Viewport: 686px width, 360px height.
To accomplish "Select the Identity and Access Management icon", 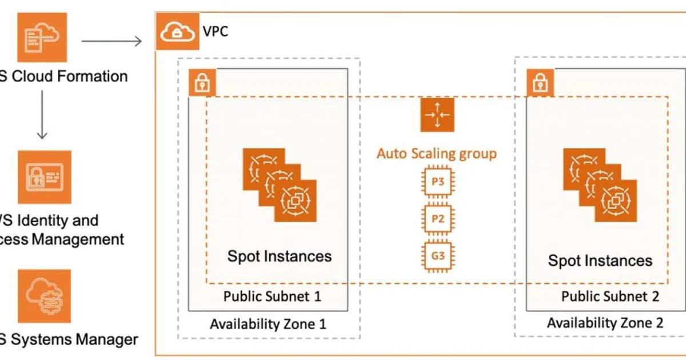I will click(x=45, y=177).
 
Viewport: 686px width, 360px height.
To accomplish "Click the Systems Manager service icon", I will click(x=45, y=296).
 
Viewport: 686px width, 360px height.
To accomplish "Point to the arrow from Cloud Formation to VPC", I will click(x=111, y=41).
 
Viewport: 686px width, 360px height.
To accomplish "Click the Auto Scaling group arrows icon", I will click(x=437, y=114).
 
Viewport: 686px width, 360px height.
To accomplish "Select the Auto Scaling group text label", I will click(x=437, y=153).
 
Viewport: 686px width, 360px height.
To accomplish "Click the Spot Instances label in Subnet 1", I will click(x=280, y=256).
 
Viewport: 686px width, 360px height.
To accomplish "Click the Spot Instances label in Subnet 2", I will click(x=600, y=261).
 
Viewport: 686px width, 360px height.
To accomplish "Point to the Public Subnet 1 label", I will click(x=272, y=296).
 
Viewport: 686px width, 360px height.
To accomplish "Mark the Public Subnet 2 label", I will click(x=610, y=296).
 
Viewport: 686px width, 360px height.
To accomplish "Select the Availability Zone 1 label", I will click(x=268, y=324).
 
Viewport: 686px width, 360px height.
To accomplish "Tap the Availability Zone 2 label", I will click(x=605, y=323).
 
